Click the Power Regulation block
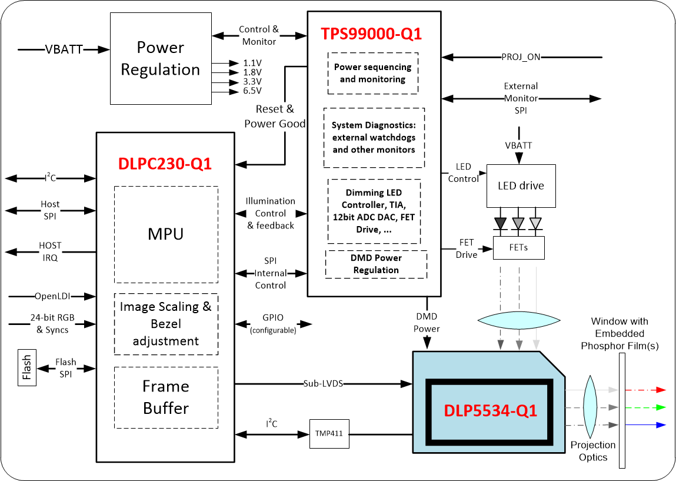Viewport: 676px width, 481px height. (161, 59)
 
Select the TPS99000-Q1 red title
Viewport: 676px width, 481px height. (371, 34)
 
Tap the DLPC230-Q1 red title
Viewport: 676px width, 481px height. (165, 164)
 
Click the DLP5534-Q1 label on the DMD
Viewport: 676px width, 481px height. (491, 410)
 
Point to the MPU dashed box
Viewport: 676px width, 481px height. (166, 234)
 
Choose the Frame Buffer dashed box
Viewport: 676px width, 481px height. (166, 397)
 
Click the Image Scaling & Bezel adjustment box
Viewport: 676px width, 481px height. (166, 324)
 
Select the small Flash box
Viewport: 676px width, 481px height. (27, 369)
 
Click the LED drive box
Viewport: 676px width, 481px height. (521, 185)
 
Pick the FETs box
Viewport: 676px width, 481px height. (519, 247)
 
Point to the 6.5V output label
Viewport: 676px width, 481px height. (252, 91)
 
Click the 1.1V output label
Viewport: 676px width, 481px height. (252, 62)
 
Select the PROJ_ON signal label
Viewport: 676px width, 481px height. (521, 57)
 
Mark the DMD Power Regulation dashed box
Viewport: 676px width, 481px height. (376, 264)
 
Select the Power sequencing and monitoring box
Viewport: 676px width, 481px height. (372, 73)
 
